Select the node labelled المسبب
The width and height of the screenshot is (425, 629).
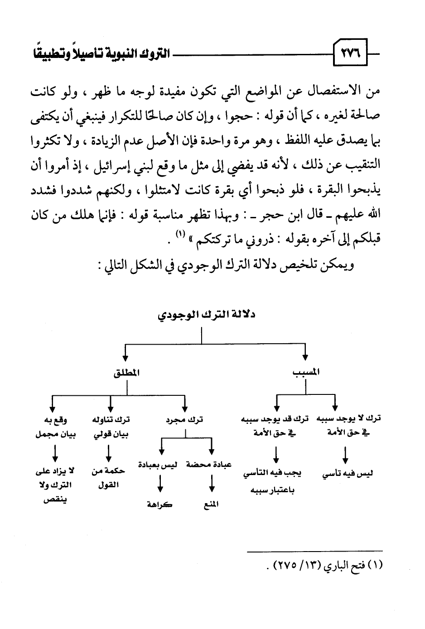[306, 373]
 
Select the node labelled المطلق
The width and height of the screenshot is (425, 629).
[126, 373]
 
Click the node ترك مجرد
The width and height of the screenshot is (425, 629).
[184, 420]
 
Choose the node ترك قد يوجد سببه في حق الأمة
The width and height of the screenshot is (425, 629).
[275, 426]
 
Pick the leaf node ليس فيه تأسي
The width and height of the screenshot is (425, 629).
[348, 474]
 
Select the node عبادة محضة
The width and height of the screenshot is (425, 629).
[209, 465]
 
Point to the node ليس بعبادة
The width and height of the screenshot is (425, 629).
[158, 465]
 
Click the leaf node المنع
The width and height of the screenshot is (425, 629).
[211, 504]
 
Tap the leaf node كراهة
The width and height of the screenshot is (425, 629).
[159, 504]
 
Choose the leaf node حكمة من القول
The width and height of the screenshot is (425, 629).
[108, 478]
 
